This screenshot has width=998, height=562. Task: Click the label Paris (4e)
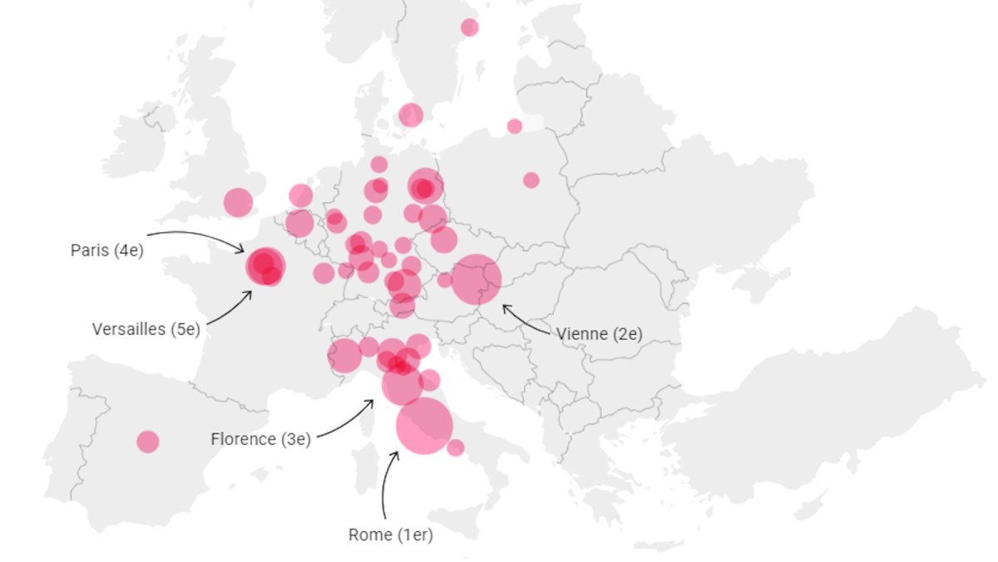pos(106,250)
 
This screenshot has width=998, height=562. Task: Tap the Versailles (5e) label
pos(146,329)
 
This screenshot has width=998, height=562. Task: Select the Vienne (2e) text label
pos(599,334)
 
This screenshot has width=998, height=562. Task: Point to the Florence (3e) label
pos(260,439)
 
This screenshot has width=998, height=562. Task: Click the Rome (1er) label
pos(391,535)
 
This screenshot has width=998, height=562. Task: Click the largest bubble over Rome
pos(424,426)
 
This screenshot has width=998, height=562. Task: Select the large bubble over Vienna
pos(477,280)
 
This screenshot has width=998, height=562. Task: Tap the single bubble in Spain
pos(148,441)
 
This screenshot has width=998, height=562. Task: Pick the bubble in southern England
pos(238,201)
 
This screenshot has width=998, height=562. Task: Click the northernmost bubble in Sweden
pos(470,27)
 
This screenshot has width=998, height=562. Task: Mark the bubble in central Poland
pos(531,180)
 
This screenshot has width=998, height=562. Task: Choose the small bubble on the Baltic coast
pos(515,127)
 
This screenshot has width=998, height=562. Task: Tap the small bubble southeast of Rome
pos(456,448)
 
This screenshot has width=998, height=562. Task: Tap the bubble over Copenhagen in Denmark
pos(411,115)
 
